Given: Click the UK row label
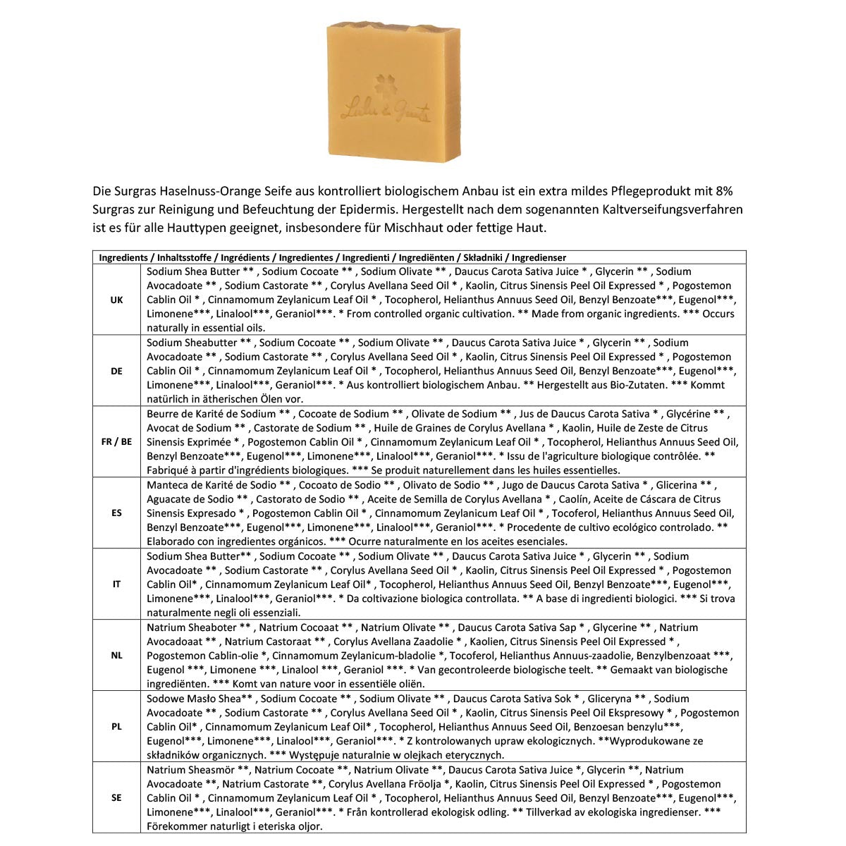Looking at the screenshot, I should pyautogui.click(x=116, y=300).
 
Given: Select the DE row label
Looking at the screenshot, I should pyautogui.click(x=116, y=371).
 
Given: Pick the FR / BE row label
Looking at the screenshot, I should pyautogui.click(x=116, y=442).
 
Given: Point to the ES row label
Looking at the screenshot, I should pyautogui.click(x=116, y=513).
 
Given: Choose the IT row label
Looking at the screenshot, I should pyautogui.click(x=116, y=584).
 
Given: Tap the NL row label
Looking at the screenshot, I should pyautogui.click(x=116, y=656).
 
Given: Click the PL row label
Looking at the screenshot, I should pyautogui.click(x=116, y=727).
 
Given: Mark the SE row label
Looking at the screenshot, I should pyautogui.click(x=116, y=798).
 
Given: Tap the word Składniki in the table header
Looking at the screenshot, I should pyautogui.click(x=485, y=258).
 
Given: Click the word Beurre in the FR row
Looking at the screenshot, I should pyautogui.click(x=163, y=414).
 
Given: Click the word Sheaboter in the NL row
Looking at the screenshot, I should pyautogui.click(x=212, y=627).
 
